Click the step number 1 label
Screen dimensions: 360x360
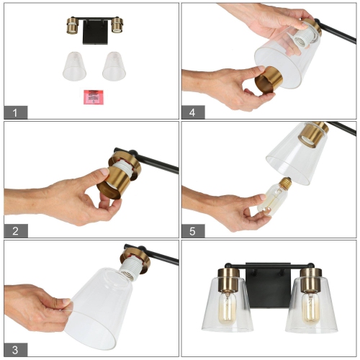point(17,112)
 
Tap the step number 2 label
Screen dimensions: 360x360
point(17,230)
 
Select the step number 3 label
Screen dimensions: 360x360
point(17,349)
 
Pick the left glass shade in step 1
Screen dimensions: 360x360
point(73,66)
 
